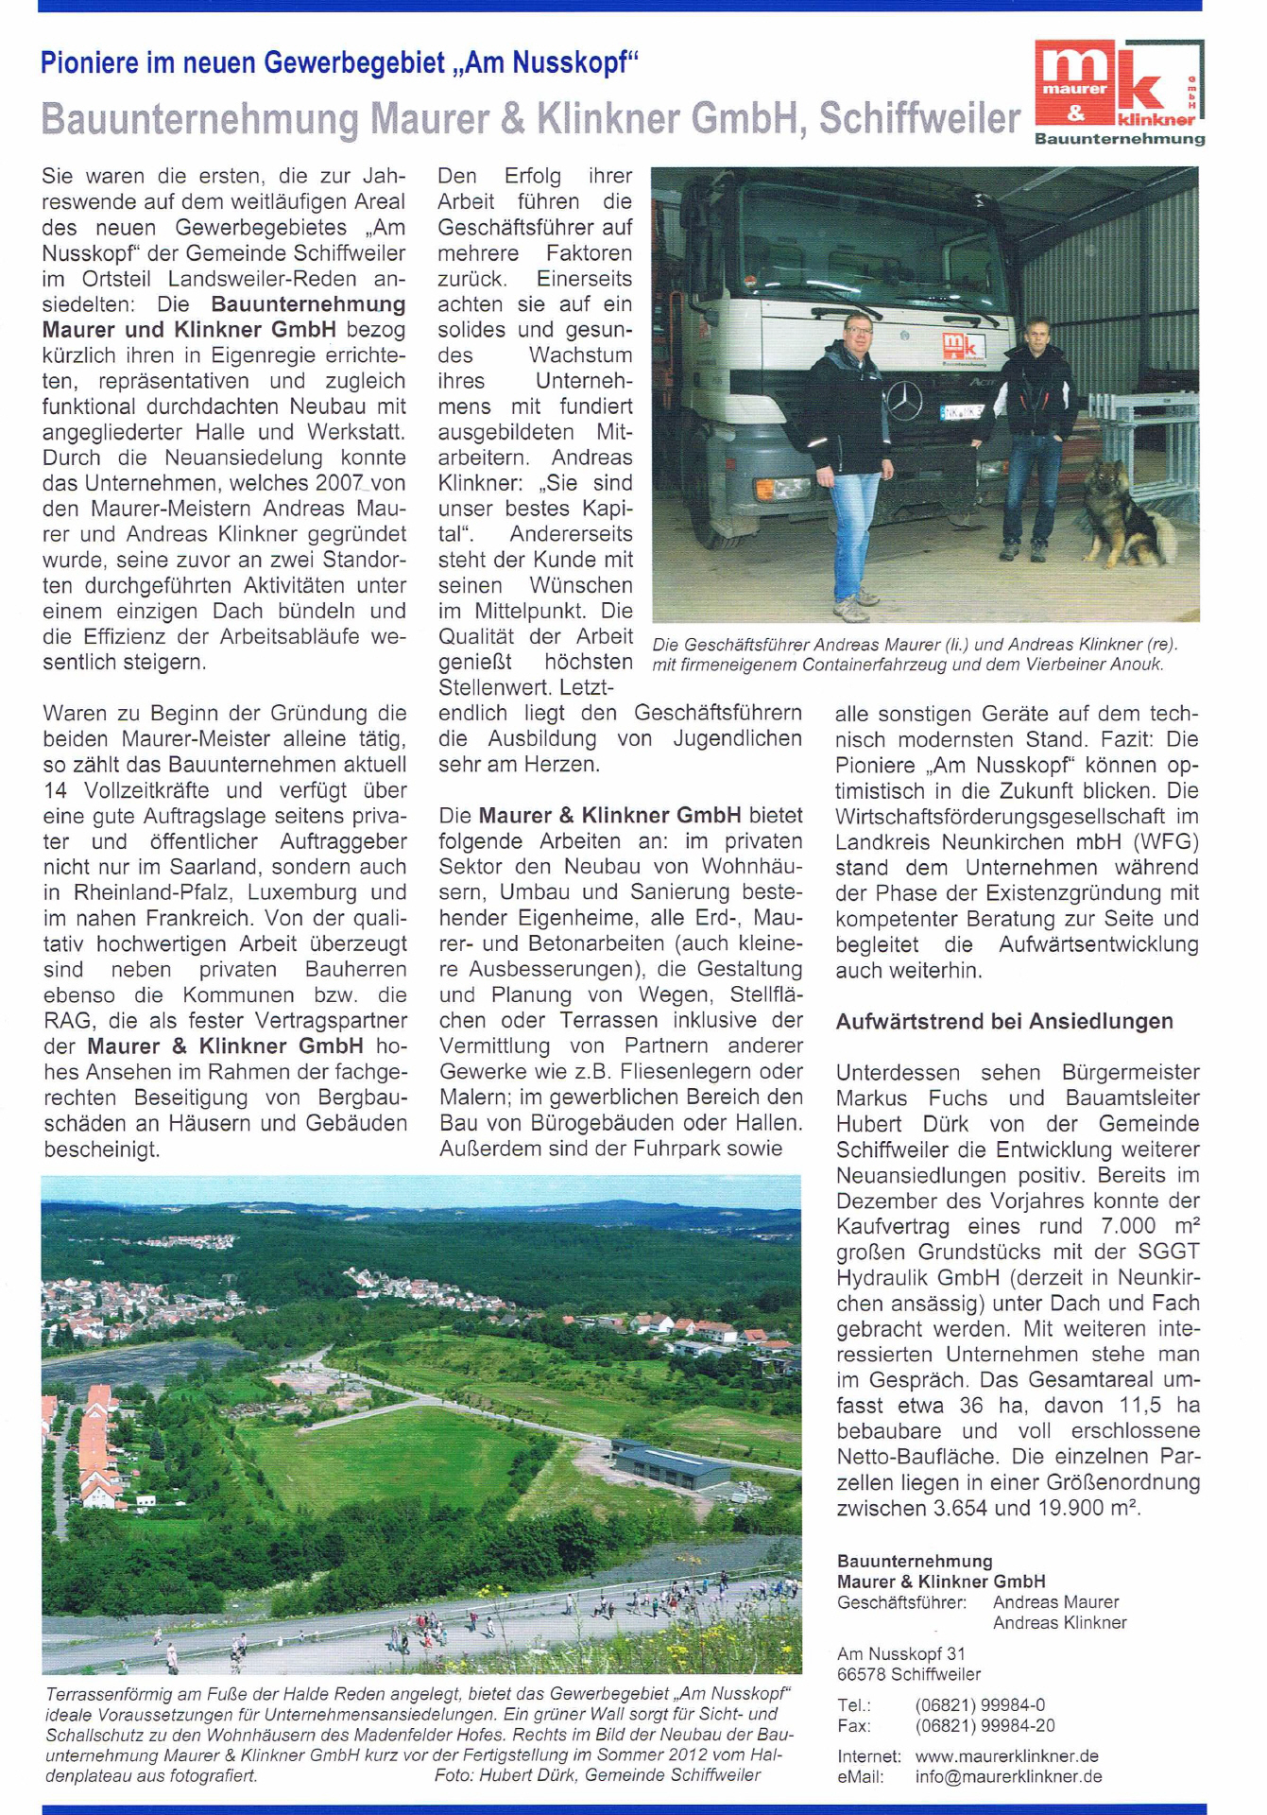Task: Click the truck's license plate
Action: [961, 412]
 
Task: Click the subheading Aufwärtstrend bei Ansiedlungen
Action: [1004, 1021]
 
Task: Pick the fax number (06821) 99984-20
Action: [984, 1725]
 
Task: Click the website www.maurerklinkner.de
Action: [1006, 1755]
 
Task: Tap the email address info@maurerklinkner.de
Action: [1008, 1776]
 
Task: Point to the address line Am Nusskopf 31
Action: [901, 1653]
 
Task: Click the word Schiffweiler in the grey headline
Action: [919, 119]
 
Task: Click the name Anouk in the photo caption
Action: [1135, 665]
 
